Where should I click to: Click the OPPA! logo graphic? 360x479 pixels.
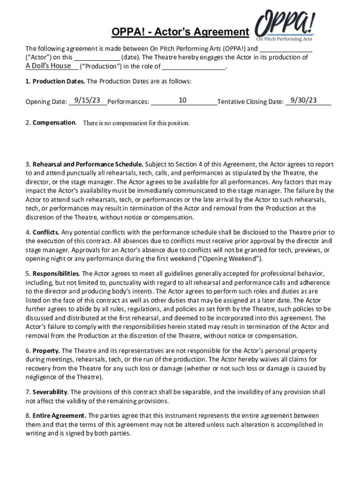(285, 28)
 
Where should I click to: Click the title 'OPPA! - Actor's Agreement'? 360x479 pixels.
(180, 32)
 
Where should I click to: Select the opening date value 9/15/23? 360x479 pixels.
(87, 100)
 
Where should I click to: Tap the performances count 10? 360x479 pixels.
(183, 100)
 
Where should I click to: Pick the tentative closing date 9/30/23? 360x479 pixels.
(303, 100)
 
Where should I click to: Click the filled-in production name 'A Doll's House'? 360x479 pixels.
(48, 66)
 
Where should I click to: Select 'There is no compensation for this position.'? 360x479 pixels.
(136, 123)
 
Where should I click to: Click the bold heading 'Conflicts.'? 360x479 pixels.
(46, 232)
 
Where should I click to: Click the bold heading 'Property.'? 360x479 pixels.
(46, 351)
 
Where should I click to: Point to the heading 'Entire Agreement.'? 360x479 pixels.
(59, 415)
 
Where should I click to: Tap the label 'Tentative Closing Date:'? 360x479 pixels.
(251, 102)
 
